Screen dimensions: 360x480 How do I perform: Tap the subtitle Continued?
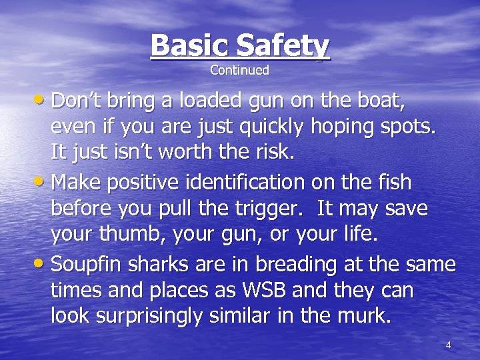pos(240,69)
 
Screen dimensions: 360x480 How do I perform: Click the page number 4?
pos(448,345)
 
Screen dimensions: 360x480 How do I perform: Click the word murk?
pos(360,316)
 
